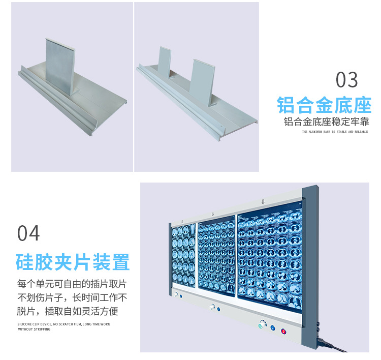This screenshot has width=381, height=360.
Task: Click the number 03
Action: coord(347,80)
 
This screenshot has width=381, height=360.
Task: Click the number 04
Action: coord(28,233)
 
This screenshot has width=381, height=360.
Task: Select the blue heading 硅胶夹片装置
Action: coord(73,262)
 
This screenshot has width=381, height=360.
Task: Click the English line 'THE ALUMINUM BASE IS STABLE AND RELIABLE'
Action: coord(335,132)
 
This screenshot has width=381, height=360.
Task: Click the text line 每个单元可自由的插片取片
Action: coord(72,284)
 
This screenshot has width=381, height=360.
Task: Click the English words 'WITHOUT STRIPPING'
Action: coord(35,329)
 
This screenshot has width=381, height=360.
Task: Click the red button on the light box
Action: coord(283,331)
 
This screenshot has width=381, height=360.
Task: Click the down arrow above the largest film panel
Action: coord(263,202)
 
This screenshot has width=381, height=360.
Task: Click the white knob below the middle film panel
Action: coord(212,306)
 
